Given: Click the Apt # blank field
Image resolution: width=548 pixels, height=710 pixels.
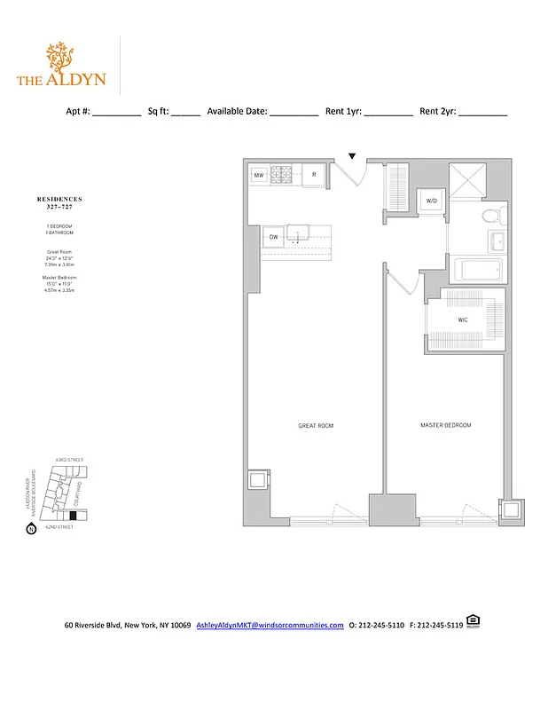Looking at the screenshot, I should pyautogui.click(x=116, y=113).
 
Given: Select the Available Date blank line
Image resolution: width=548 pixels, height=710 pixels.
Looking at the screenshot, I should pyautogui.click(x=294, y=113).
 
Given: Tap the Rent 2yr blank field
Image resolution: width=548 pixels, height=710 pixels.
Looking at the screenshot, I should pyautogui.click(x=483, y=113).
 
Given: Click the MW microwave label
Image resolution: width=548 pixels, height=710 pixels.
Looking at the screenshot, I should pyautogui.click(x=259, y=176).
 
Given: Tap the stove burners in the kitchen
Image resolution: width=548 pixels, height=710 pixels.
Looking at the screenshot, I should pyautogui.click(x=285, y=175).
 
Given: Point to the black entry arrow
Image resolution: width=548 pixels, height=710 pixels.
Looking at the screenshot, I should pyautogui.click(x=352, y=156).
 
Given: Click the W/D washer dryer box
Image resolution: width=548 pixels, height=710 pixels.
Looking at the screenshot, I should pyautogui.click(x=432, y=201).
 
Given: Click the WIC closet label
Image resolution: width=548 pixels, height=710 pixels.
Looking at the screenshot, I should pyautogui.click(x=463, y=319).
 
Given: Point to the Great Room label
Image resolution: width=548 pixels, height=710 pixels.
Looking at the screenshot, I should pyautogui.click(x=315, y=426).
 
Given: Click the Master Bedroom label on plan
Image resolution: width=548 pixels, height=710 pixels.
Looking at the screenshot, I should pyautogui.click(x=445, y=426).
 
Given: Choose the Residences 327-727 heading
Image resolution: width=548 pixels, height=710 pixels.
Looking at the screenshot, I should pyautogui.click(x=59, y=202).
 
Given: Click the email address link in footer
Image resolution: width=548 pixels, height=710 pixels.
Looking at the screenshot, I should pyautogui.click(x=270, y=626).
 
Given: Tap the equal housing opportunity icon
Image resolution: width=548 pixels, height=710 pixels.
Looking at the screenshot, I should pyautogui.click(x=472, y=623).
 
